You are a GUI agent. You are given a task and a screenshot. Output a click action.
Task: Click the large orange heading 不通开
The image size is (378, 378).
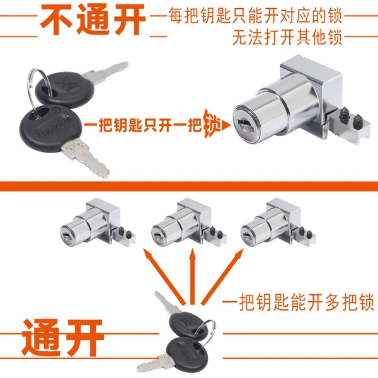[93, 20]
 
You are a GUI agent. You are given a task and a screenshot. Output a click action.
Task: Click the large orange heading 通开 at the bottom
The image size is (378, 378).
[62, 338]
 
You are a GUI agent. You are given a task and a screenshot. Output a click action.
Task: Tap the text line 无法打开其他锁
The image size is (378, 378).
[287, 37]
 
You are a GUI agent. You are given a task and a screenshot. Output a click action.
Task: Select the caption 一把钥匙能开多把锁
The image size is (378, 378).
[298, 302]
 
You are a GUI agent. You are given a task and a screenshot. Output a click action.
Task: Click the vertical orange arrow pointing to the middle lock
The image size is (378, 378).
[192, 277]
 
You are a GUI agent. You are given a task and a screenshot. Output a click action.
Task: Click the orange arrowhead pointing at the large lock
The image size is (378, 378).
[226, 125]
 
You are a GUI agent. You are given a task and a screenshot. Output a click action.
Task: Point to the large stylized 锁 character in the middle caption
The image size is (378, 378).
[212, 123]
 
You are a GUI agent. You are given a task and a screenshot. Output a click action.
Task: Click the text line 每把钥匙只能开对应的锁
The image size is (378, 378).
[255, 16]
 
